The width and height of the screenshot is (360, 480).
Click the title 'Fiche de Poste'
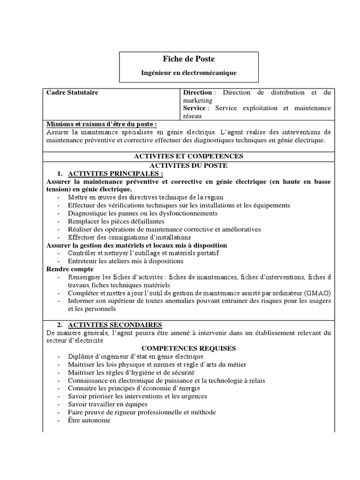(189, 59)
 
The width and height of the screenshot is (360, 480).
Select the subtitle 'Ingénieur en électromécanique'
(189, 73)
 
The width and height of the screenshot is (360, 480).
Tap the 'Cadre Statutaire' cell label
(72, 93)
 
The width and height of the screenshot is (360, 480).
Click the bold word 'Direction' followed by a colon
(197, 93)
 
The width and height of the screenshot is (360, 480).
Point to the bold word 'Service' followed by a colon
(194, 108)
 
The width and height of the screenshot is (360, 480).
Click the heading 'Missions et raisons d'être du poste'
(101, 124)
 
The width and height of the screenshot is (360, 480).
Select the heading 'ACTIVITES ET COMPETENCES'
(189, 156)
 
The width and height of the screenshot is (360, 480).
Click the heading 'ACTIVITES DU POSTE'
(189, 165)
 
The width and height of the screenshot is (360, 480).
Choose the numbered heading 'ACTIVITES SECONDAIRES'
(115, 324)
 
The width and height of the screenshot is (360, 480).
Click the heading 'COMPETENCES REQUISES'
(189, 348)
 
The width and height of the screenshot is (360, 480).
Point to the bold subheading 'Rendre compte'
(70, 269)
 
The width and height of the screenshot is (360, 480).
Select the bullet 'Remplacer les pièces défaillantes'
(116, 221)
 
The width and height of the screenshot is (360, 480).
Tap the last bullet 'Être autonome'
(89, 420)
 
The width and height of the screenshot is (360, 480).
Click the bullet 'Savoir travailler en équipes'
(107, 404)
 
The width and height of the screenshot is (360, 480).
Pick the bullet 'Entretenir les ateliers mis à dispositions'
(126, 261)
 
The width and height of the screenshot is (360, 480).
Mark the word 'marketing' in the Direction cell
(198, 100)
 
